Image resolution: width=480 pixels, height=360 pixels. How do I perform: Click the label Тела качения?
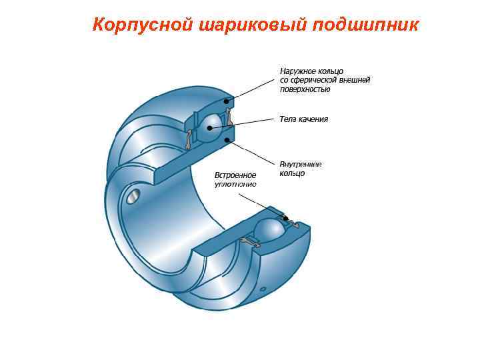pos(303,119)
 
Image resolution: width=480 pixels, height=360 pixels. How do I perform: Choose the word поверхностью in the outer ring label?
pos(305,89)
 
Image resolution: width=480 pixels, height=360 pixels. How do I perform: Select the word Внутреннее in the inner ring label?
pos(301,164)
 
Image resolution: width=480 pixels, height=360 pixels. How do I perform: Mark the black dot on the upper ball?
pos(211,127)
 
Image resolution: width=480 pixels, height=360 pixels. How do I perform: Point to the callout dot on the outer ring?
pos(227,101)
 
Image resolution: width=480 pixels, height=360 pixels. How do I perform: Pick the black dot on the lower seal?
pos(286,219)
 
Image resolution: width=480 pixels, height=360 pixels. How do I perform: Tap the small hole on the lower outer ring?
pos(264,290)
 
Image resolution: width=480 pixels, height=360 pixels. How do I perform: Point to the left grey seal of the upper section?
pos(189,139)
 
